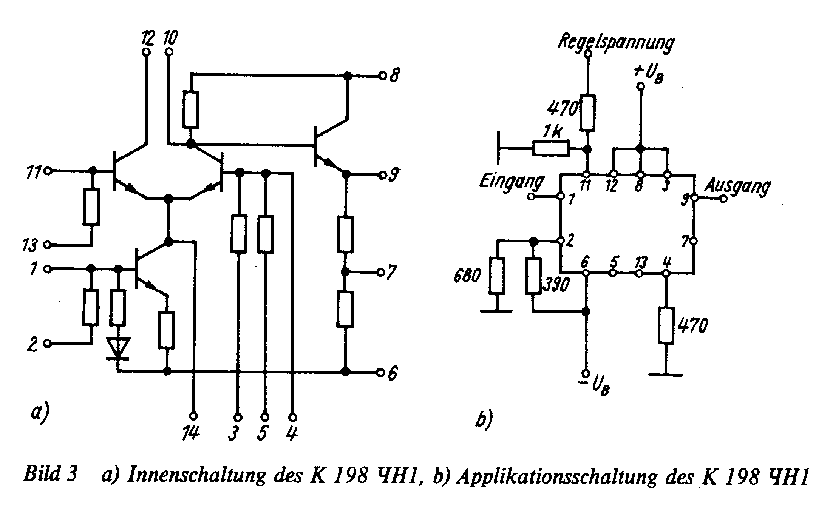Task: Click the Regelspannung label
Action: click(616, 43)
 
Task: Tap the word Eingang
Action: click(512, 182)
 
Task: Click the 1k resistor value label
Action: click(552, 133)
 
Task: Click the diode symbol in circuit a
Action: click(118, 348)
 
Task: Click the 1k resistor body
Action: click(551, 148)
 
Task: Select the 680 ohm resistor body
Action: click(497, 276)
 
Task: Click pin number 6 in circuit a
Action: click(393, 374)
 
